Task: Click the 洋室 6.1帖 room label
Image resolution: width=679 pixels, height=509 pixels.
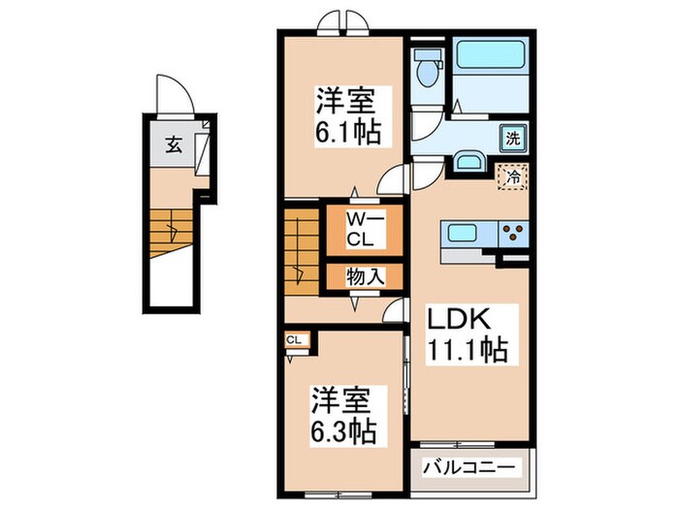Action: tap(345, 114)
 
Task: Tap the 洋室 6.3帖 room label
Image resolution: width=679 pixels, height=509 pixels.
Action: tap(343, 413)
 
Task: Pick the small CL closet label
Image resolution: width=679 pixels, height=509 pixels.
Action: tap(294, 339)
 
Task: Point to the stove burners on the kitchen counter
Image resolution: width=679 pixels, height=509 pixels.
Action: tap(513, 234)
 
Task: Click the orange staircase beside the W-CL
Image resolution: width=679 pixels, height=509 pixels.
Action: tap(302, 254)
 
